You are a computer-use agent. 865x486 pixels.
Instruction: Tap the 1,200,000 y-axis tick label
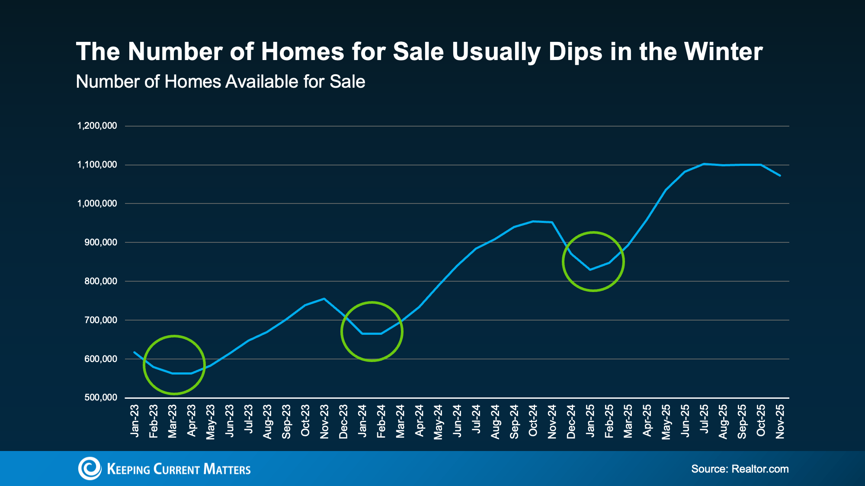click(97, 126)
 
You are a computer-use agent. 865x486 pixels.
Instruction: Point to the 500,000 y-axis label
click(101, 397)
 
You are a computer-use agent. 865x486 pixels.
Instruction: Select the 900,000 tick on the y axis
click(101, 242)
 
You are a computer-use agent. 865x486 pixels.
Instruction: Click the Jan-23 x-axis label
click(135, 421)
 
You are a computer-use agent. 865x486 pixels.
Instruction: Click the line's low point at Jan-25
click(590, 270)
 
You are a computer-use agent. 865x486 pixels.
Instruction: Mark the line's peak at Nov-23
click(324, 299)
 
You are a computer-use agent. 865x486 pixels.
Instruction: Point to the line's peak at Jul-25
click(704, 164)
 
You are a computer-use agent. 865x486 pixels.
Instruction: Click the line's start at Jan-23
click(135, 352)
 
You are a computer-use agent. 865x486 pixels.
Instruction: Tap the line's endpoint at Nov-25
click(780, 175)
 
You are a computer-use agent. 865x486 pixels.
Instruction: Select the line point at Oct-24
click(533, 221)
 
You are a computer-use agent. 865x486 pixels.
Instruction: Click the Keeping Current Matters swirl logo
click(90, 469)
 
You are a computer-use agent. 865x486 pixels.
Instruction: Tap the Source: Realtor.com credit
click(740, 469)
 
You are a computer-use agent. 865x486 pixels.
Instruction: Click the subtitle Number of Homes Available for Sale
click(220, 82)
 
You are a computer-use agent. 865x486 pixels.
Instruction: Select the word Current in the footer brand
click(176, 470)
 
